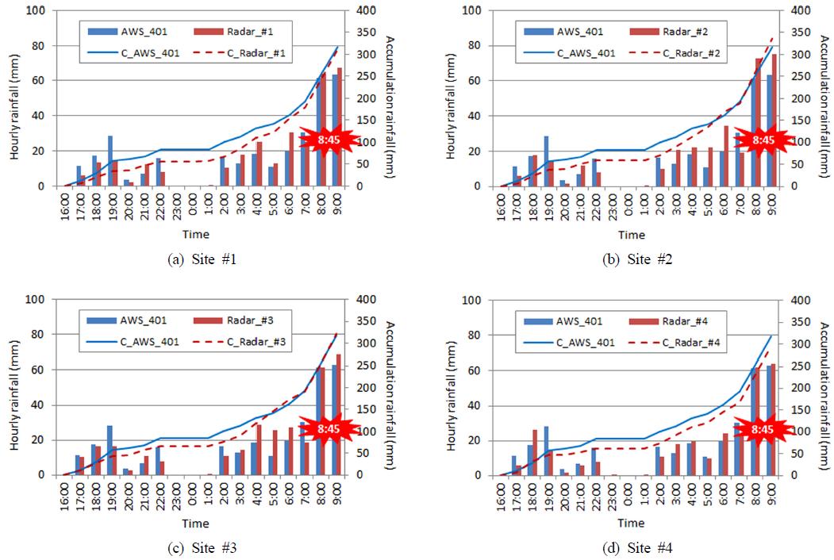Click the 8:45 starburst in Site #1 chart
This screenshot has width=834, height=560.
pyautogui.click(x=327, y=140)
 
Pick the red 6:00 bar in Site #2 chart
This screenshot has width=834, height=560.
pyautogui.click(x=726, y=155)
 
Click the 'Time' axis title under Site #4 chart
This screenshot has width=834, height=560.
pyautogui.click(x=632, y=524)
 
